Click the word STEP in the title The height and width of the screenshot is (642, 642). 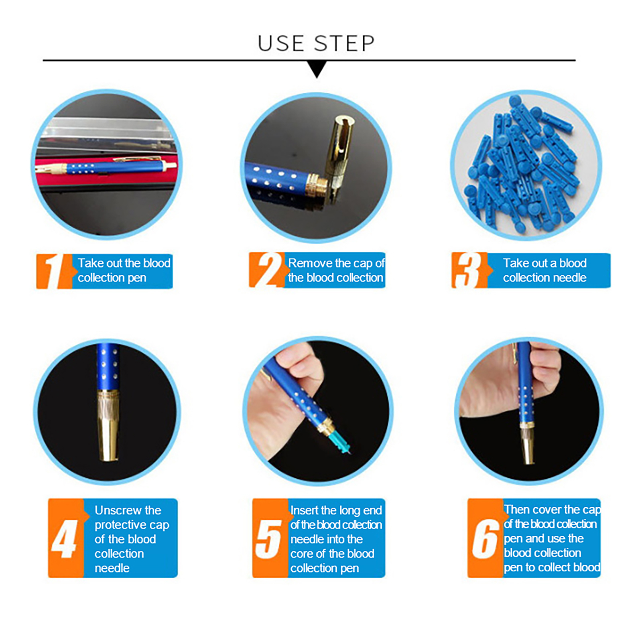coord(344,43)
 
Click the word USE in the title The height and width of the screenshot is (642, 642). coord(281,43)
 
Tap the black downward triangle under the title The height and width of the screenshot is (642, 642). coord(317,69)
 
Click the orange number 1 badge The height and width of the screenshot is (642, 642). coord(55,271)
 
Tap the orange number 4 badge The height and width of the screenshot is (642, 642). coord(66,538)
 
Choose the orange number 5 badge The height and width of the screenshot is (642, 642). coord(270,538)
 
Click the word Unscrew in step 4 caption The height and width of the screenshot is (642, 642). coord(128,510)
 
